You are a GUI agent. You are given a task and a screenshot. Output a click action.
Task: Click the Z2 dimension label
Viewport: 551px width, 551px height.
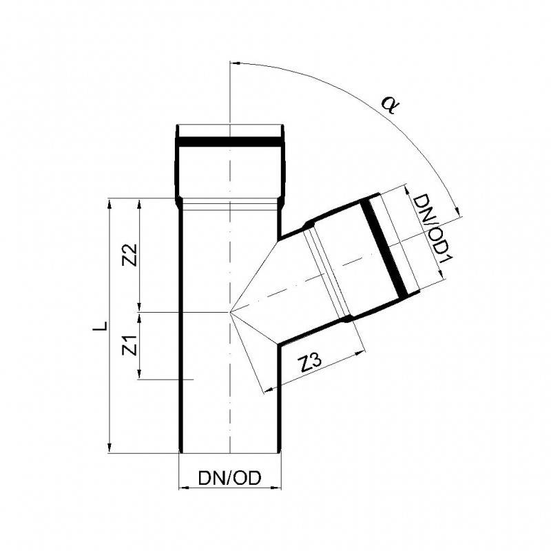click(129, 254)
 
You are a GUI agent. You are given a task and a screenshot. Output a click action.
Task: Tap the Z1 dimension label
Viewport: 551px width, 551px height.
click(129, 346)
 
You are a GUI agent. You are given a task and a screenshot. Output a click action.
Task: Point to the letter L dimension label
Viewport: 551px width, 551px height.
click(100, 325)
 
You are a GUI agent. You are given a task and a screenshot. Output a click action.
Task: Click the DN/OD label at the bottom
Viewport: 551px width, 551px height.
click(230, 478)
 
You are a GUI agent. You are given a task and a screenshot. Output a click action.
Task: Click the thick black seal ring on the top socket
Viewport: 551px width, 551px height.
click(230, 142)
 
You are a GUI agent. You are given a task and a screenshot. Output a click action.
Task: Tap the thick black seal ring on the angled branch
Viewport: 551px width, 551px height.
click(384, 247)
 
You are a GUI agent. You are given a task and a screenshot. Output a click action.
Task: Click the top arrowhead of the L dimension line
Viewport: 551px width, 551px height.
click(110, 203)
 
